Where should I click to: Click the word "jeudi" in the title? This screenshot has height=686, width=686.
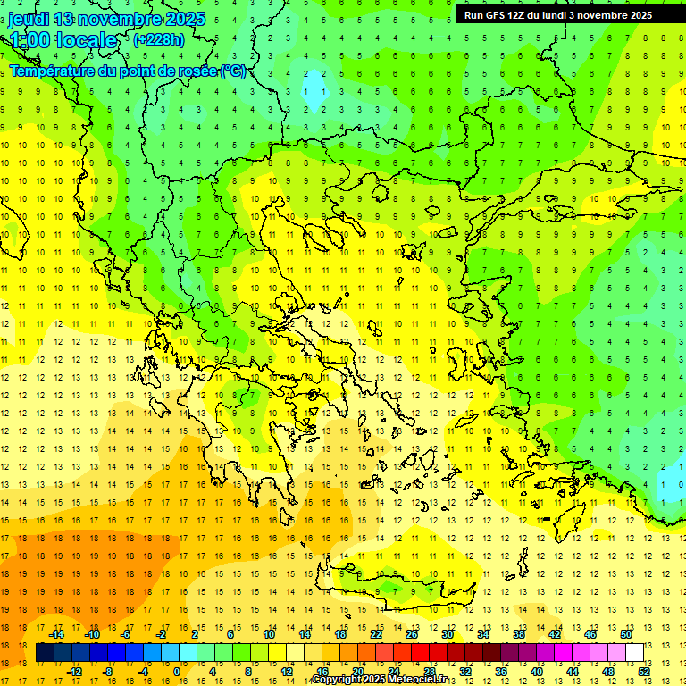click(29, 19)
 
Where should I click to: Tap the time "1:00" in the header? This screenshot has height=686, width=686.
click(30, 40)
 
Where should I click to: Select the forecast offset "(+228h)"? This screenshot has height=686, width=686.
click(159, 39)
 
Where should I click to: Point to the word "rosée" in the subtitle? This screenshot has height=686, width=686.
click(197, 71)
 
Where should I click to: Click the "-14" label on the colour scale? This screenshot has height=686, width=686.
click(55, 634)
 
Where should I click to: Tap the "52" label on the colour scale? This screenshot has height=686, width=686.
click(644, 672)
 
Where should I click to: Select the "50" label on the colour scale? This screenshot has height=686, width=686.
click(625, 634)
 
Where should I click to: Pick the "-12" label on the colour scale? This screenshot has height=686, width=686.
click(73, 672)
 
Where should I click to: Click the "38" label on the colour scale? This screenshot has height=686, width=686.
click(518, 634)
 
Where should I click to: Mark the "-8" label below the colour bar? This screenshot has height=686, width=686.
click(108, 672)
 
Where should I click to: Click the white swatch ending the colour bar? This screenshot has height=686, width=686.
click(634, 653)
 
